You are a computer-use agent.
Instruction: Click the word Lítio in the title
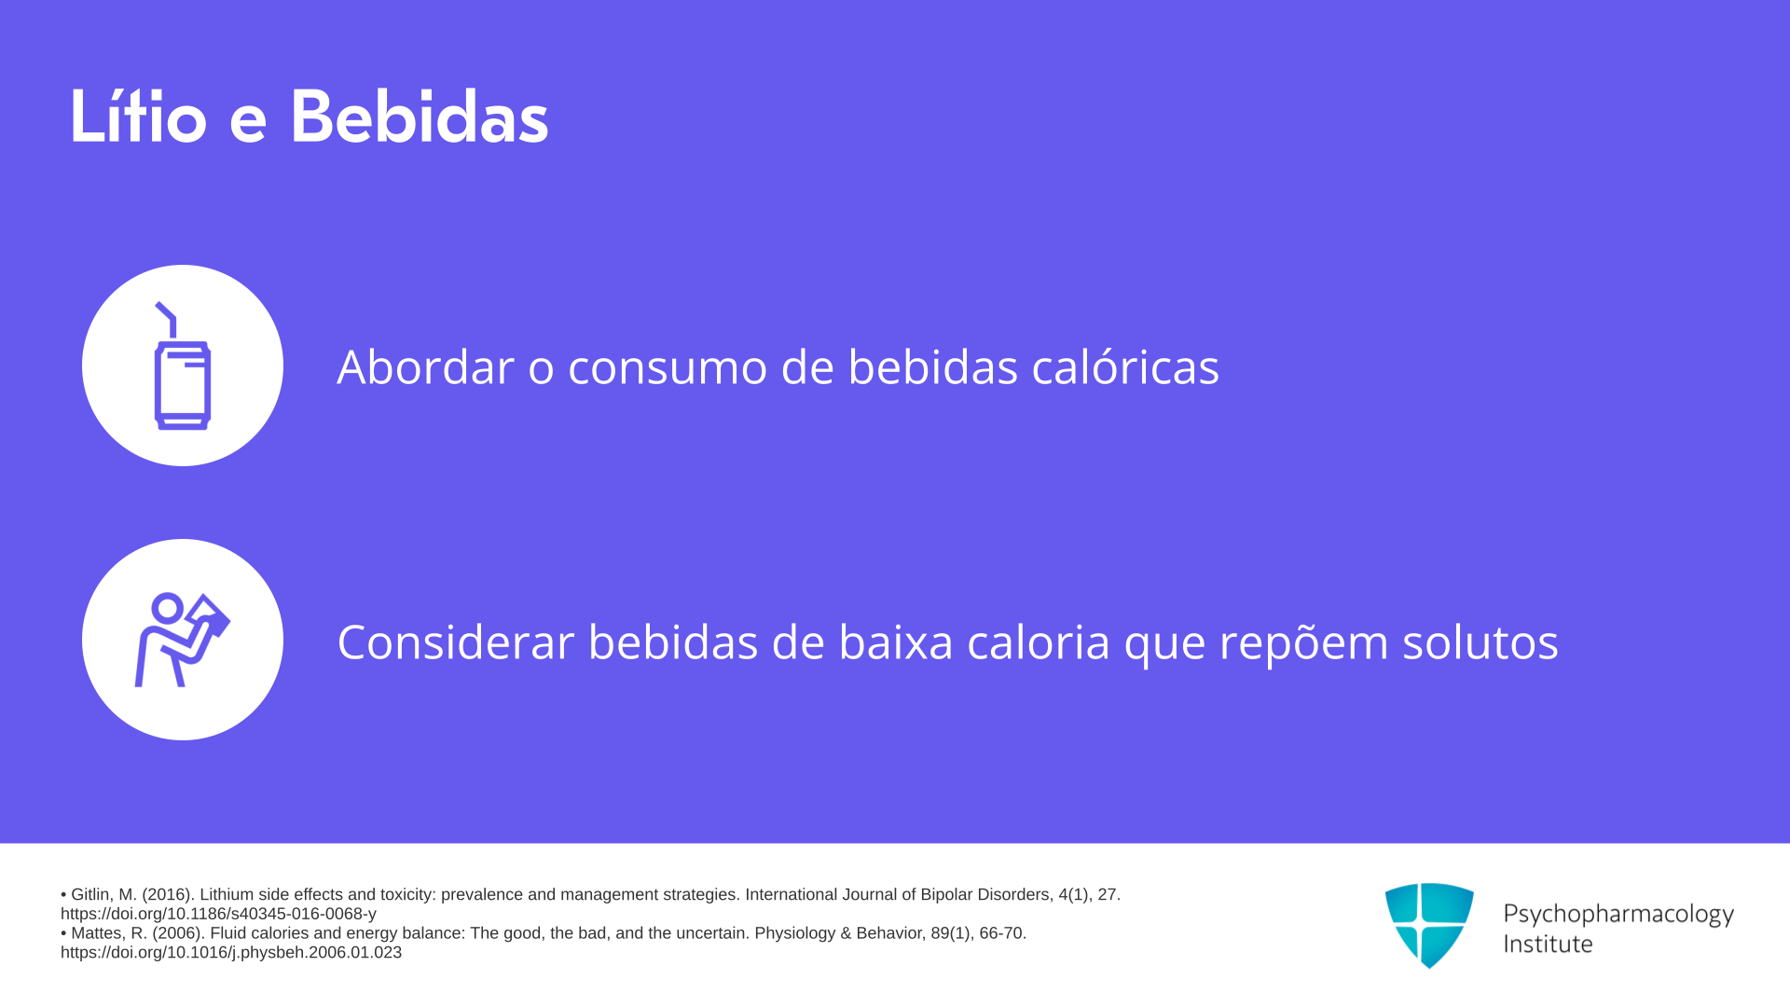point(138,117)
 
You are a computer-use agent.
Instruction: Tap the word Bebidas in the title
point(420,117)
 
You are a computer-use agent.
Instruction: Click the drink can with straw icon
point(182,366)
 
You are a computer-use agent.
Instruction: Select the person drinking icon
point(182,640)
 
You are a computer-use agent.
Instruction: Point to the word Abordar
point(425,366)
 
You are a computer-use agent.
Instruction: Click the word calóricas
point(1125,366)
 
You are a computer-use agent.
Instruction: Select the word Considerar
point(455,641)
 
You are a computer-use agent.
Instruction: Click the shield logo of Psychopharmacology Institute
point(1429,925)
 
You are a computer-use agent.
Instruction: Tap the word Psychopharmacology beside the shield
point(1618,915)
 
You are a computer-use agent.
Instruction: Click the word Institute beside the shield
point(1548,944)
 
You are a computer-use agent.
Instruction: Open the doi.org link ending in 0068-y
point(218,914)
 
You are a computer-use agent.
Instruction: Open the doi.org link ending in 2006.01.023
point(231,952)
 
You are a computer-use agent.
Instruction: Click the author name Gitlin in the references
point(91,894)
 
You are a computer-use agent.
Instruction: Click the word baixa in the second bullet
point(896,641)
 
